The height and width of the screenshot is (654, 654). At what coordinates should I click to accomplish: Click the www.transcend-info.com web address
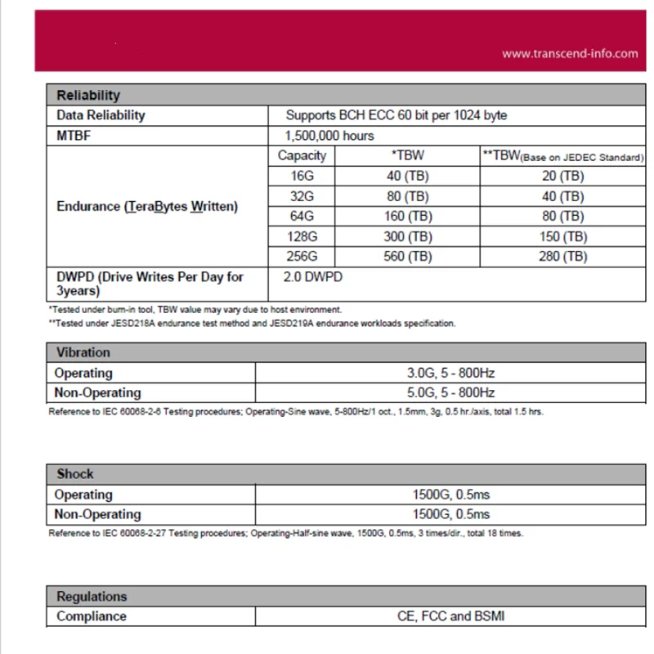coord(569,53)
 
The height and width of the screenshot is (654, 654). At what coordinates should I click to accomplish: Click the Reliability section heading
coord(88,95)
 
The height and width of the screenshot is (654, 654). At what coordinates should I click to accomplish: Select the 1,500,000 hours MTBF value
coord(329,135)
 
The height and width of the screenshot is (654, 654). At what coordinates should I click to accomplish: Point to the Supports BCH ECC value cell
coord(396,115)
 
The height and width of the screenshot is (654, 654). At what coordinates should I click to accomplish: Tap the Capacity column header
coord(302,155)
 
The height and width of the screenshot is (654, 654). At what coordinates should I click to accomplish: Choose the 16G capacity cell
coord(302,176)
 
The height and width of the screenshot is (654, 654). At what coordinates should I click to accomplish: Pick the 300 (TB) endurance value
coord(408,236)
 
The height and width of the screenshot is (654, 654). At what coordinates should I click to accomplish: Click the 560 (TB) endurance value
coord(408,256)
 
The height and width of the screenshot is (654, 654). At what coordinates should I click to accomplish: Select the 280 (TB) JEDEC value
coord(563,256)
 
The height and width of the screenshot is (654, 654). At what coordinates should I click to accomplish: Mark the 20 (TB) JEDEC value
coord(563,176)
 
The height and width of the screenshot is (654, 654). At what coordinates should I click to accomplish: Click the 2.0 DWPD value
coord(312,277)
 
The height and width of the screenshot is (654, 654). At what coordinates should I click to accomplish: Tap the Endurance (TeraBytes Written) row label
coord(147,206)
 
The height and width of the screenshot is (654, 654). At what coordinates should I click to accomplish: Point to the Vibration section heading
coord(83,352)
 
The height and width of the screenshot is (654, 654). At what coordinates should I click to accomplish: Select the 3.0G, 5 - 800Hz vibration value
coord(452,373)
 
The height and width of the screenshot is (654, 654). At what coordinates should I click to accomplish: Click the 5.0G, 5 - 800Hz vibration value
coord(452,392)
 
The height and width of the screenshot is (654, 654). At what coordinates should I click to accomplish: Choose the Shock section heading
coord(75,473)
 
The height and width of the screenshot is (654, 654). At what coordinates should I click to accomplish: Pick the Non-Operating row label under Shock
coord(97,514)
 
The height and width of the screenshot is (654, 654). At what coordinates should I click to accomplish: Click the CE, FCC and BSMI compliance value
coord(450,616)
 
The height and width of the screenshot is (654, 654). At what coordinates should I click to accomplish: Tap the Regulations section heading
coord(92,596)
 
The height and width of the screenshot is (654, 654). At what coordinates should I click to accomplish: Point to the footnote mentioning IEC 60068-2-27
coord(285,533)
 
